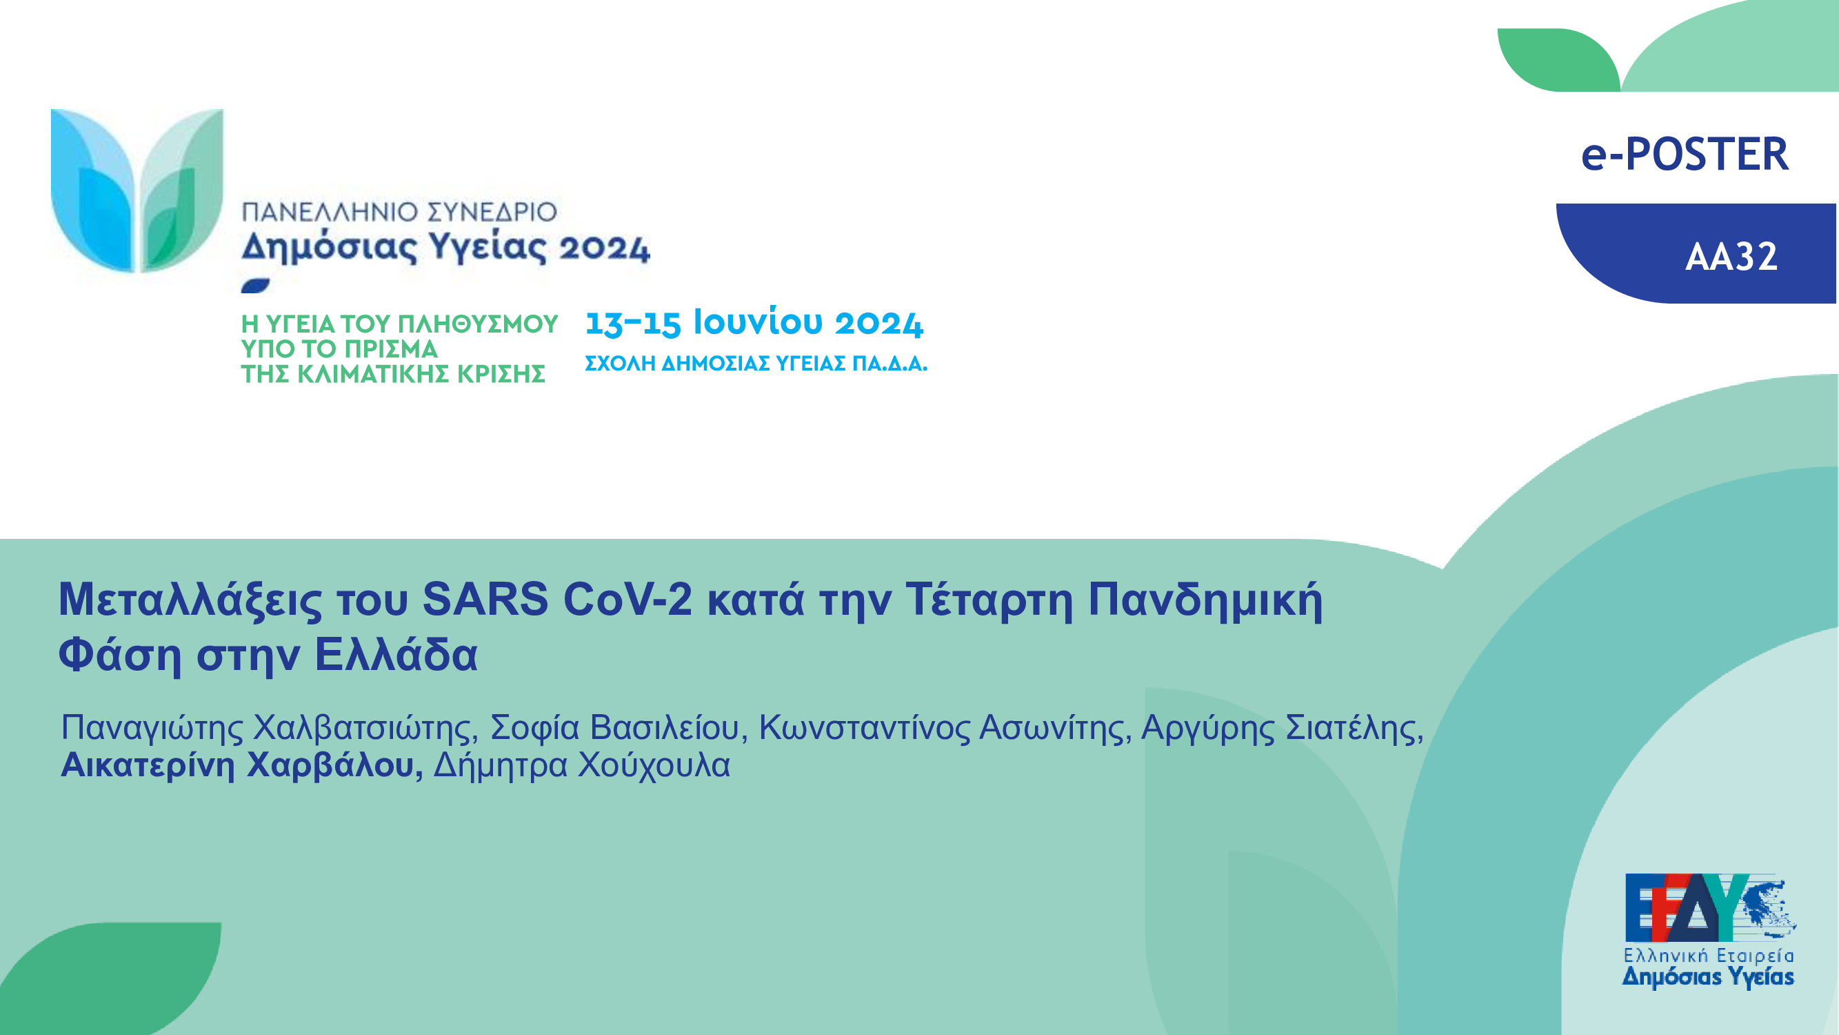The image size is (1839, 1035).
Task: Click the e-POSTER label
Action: point(1685,155)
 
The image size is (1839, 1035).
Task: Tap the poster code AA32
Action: point(1731,257)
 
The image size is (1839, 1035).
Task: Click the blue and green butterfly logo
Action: point(137,190)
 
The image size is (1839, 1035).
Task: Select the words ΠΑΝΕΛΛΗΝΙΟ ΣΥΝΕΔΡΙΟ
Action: point(399,212)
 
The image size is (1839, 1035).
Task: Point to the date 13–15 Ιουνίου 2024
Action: point(754,322)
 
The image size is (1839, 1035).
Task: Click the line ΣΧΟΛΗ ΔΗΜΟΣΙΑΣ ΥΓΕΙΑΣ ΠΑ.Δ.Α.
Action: point(756,364)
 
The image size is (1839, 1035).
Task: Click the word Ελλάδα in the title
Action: point(396,654)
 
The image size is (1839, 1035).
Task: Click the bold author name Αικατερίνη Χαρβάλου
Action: point(241,765)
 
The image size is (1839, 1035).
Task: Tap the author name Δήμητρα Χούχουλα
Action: point(582,765)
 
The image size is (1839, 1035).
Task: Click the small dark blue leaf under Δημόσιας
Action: point(256,286)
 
